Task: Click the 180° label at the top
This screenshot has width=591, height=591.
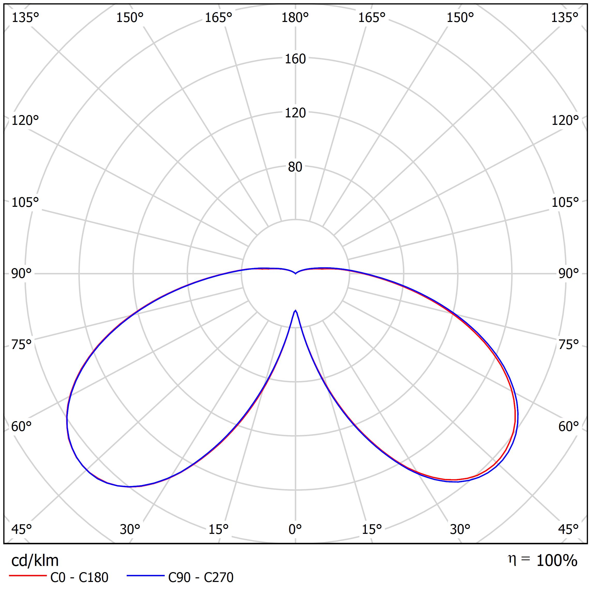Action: (295, 18)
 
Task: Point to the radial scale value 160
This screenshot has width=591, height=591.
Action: (295, 59)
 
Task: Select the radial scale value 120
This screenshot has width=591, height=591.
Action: (295, 113)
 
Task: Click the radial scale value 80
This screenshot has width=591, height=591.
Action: (295, 167)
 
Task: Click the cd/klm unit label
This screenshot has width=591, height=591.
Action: (35, 561)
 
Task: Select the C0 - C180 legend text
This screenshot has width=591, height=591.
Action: (79, 578)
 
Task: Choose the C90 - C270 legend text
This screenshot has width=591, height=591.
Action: (201, 578)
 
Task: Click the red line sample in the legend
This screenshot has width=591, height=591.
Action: (27, 576)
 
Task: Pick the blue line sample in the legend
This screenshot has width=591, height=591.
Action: (146, 576)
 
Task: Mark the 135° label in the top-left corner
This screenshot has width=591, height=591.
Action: (25, 18)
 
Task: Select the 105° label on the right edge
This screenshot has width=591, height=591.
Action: (565, 202)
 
